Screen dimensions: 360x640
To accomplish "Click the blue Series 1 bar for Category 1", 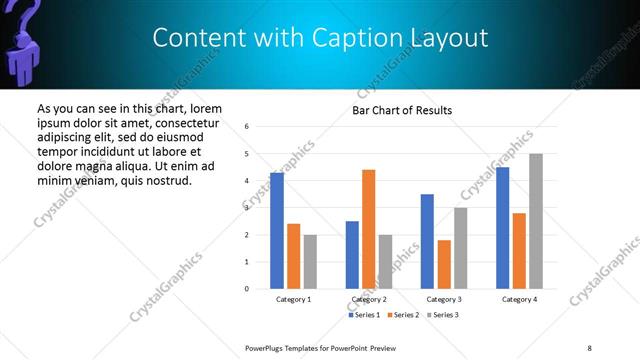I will tap(277, 231).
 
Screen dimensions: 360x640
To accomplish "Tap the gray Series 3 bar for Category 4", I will tap(535, 221).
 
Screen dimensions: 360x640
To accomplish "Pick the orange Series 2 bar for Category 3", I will tap(443, 264).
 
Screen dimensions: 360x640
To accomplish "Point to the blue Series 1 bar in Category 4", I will tap(502, 228).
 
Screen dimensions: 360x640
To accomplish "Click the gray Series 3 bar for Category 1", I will tap(310, 262).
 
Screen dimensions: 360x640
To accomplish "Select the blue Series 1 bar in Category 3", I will tap(427, 241).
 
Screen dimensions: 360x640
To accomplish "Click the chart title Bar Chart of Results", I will tap(402, 110).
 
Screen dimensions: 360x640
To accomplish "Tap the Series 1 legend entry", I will tap(364, 315).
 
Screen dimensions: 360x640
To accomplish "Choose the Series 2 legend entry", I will tap(402, 315).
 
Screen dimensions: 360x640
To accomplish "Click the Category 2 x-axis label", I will tap(368, 299).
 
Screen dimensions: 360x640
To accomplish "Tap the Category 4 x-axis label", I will tap(519, 299).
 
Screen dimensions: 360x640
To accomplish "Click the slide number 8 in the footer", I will tap(589, 347).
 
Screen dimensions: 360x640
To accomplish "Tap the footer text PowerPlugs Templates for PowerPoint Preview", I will tap(320, 347).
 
